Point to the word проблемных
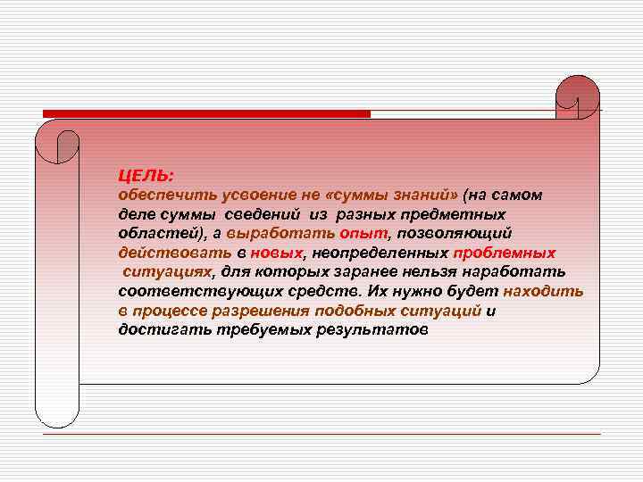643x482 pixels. [505, 253]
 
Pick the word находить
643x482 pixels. [543, 291]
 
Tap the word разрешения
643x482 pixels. [260, 311]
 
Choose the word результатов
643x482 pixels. [372, 329]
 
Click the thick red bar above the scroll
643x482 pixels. [206, 114]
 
